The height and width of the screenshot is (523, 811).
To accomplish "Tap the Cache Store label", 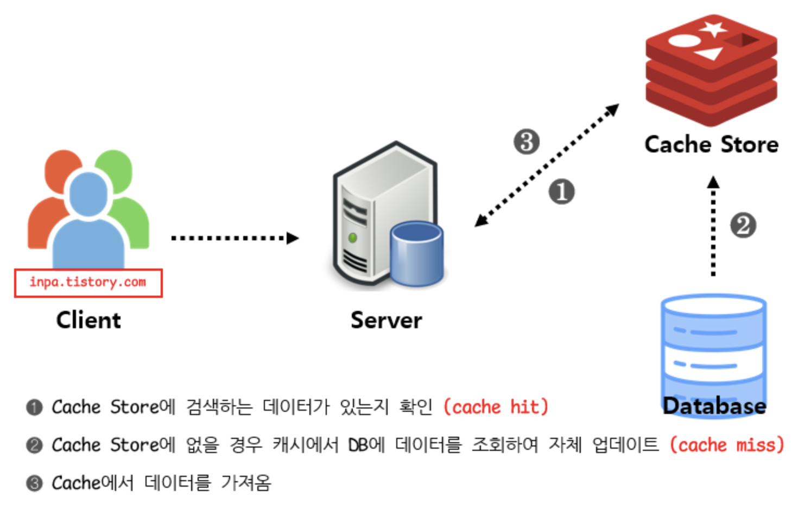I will click(711, 145).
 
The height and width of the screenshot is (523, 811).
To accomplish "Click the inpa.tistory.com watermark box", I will click(88, 283).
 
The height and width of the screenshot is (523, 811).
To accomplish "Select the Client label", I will click(88, 320).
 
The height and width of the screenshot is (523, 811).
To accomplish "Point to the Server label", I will click(386, 320).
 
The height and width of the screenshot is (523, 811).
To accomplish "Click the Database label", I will click(714, 406).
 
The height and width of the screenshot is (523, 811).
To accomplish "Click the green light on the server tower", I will click(352, 238).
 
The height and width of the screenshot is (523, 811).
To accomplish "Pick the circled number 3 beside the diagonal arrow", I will click(527, 142).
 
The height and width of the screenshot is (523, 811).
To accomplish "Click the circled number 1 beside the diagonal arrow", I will click(561, 192).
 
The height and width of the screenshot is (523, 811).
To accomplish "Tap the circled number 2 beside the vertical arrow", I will click(743, 226).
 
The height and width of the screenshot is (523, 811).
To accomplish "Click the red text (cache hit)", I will click(496, 407).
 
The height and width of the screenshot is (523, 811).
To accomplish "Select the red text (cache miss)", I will click(727, 445).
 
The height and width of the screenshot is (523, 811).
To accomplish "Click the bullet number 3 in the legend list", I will click(34, 483).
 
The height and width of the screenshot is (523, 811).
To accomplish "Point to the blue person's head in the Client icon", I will click(88, 193).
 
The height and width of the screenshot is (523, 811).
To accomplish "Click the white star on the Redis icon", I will click(713, 28).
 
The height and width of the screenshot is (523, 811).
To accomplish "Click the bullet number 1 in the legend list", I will click(34, 407).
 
